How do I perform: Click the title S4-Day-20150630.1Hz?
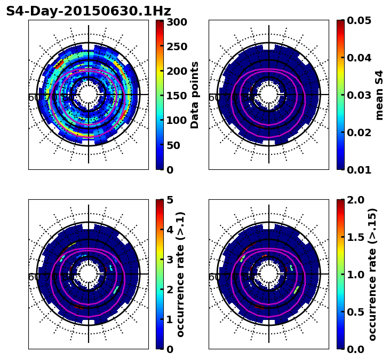89,11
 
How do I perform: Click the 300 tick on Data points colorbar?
176,22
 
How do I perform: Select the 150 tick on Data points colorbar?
176,96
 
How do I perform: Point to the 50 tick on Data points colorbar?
176,145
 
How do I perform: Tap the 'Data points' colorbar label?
195,95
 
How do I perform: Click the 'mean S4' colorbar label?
379,95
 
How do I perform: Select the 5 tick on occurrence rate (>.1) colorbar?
170,200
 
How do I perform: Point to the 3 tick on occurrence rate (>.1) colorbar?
170,260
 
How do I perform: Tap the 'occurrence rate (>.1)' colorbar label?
181,274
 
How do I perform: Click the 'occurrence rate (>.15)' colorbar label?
372,274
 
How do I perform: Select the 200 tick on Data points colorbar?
176,71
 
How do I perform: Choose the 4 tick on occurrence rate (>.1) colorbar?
170,230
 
